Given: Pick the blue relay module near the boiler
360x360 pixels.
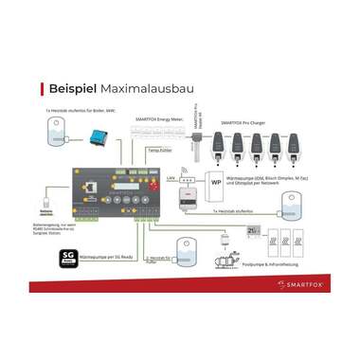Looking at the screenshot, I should [97, 136].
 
